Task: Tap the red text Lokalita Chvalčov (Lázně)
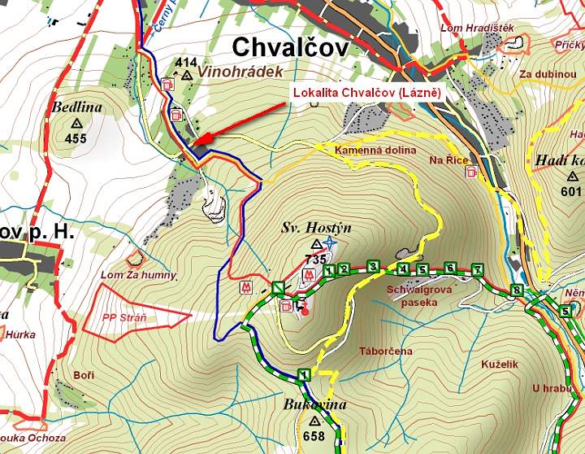[x=366, y=94]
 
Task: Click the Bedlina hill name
[x=76, y=107]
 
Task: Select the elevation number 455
[x=76, y=138]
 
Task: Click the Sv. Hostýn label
[x=316, y=228]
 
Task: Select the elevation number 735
[x=315, y=260]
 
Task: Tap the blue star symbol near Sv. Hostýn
[x=329, y=243]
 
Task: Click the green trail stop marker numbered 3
[x=373, y=266]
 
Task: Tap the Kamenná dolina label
[x=375, y=151]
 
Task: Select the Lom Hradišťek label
[x=477, y=28]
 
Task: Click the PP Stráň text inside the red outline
[x=125, y=317]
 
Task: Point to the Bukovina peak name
[x=315, y=404]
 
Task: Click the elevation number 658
[x=314, y=436]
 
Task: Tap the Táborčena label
[x=386, y=351]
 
